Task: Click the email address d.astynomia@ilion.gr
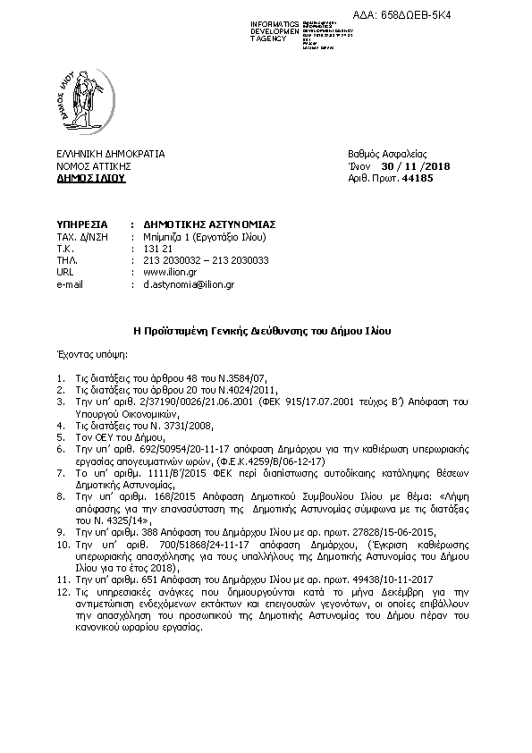tap(189, 284)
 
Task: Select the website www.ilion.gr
tap(169, 272)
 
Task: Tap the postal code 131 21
tap(156, 248)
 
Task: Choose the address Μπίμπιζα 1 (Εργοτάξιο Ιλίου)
tap(205, 236)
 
